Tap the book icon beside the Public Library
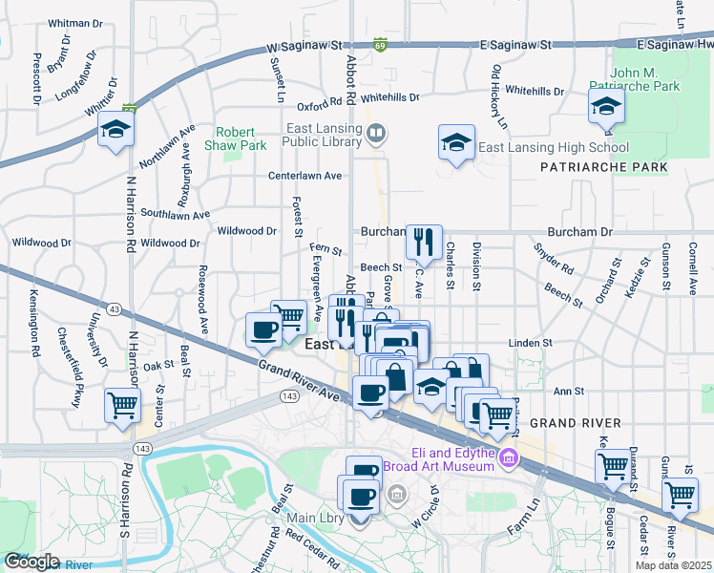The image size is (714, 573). click(376, 134)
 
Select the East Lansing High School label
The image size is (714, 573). click(553, 147)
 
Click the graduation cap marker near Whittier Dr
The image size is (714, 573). click(115, 129)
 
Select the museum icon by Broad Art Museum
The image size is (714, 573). click(508, 459)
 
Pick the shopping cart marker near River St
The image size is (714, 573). click(680, 494)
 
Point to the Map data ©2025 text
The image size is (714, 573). click(673, 565)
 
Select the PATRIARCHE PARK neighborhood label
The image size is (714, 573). click(603, 167)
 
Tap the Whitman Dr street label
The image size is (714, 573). click(74, 22)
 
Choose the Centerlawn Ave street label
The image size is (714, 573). click(304, 176)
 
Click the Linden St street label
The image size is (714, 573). click(531, 342)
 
